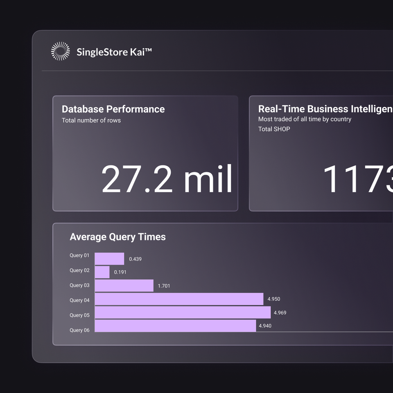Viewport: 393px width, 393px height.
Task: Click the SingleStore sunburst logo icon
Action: click(60, 52)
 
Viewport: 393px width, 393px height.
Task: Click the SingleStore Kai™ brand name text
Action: click(114, 52)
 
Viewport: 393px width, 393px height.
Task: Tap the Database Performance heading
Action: click(113, 109)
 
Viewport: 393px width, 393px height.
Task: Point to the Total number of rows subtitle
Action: click(91, 120)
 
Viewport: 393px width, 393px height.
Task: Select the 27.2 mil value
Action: click(167, 179)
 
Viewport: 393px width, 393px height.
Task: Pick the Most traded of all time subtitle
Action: click(305, 119)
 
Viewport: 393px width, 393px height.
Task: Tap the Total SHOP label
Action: click(274, 129)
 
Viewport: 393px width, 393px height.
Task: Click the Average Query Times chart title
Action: click(117, 237)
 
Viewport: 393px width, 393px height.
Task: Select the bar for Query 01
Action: click(109, 259)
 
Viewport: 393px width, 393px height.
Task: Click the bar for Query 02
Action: click(102, 272)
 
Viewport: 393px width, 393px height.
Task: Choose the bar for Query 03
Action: click(124, 286)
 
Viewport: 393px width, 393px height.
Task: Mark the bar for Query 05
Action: click(183, 312)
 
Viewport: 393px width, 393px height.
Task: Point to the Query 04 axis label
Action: click(79, 300)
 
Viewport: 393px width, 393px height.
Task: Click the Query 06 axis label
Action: click(79, 330)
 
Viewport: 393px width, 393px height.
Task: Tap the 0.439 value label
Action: click(135, 259)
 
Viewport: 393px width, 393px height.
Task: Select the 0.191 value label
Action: click(120, 272)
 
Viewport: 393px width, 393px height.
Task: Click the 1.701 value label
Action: click(164, 286)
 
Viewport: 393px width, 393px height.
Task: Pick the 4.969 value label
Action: click(280, 313)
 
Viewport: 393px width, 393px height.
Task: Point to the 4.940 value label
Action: click(265, 326)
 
